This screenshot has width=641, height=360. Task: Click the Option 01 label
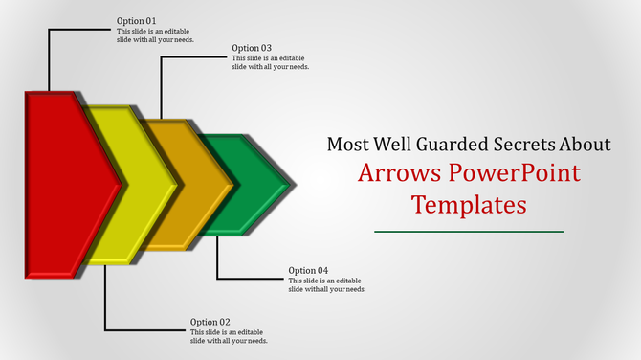137,21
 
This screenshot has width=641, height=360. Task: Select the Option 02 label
210,322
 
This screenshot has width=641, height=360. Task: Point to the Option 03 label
252,48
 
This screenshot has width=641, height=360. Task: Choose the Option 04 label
309,271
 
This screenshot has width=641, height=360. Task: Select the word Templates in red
469,205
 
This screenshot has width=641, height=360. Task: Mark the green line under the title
469,231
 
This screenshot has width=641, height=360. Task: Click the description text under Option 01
155,34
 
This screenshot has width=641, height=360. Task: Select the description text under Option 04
327,284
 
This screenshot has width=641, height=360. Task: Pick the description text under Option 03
271,62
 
